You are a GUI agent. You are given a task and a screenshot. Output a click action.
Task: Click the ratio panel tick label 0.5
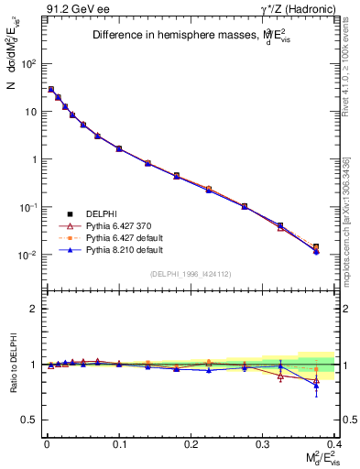click(x=27, y=420)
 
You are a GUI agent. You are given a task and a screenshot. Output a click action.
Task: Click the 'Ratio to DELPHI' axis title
click(x=12, y=364)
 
